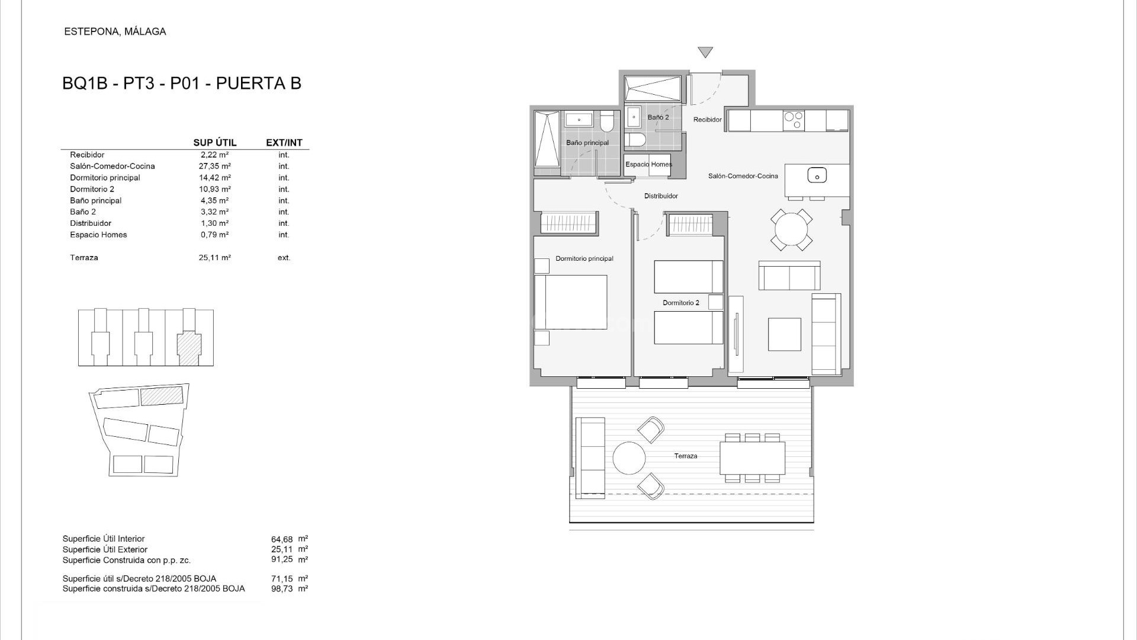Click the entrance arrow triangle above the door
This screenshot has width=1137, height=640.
(x=705, y=52)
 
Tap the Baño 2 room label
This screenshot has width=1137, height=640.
(x=658, y=117)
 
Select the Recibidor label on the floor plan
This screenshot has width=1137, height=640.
(x=707, y=120)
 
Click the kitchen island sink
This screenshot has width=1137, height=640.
(x=817, y=175)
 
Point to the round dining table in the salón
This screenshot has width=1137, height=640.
(x=791, y=229)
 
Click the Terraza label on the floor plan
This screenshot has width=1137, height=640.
(x=685, y=456)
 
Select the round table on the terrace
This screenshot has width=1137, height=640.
(x=629, y=458)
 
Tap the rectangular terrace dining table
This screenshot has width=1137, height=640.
(x=752, y=458)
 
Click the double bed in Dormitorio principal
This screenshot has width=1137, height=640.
(x=571, y=302)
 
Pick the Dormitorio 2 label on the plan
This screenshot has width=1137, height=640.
(x=680, y=303)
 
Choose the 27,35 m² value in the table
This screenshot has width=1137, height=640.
(x=214, y=167)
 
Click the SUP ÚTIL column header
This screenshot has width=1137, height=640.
(x=214, y=143)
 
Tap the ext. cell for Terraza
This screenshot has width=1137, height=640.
(x=284, y=258)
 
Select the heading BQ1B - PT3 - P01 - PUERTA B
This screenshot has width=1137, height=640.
(x=182, y=84)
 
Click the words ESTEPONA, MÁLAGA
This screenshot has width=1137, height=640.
(x=115, y=32)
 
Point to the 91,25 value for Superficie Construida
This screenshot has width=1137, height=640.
(x=282, y=559)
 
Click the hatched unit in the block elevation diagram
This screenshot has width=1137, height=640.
(x=189, y=346)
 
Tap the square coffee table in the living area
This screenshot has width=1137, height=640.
(x=784, y=334)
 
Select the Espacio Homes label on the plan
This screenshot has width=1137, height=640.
(x=648, y=165)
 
